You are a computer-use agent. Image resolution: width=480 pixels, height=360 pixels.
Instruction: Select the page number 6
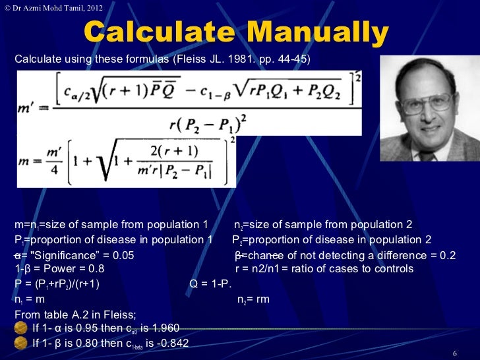point(454,353)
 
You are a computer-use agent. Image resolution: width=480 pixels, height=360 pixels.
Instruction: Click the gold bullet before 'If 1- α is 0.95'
point(21,328)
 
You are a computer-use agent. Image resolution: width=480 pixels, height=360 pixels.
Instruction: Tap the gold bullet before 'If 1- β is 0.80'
point(21,343)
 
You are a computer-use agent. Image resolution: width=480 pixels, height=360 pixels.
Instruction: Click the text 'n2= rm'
point(253,299)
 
